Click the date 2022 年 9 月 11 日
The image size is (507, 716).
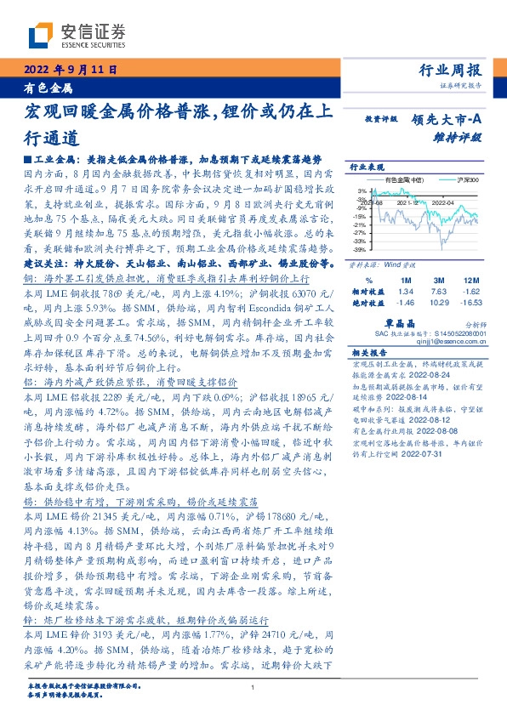pyautogui.click(x=70, y=71)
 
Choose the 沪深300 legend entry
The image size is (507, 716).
pyautogui.click(x=467, y=180)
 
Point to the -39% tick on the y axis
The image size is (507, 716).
pyautogui.click(x=361, y=250)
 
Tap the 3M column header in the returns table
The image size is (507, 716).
pyautogui.click(x=440, y=280)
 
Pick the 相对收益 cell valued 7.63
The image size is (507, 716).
pyautogui.click(x=440, y=290)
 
